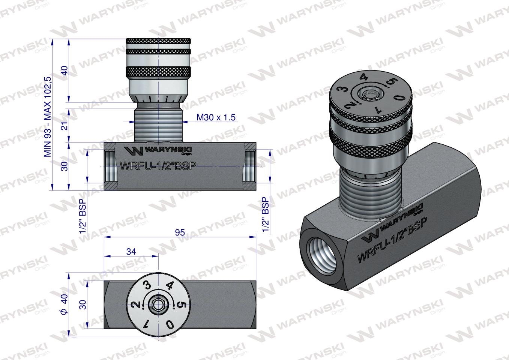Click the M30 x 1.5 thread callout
point(216,117)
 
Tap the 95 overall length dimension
point(180,232)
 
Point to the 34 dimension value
point(131,252)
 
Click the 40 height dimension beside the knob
point(65,70)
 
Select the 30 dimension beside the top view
point(83,304)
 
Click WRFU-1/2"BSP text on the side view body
point(158,166)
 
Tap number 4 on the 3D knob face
point(363,78)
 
